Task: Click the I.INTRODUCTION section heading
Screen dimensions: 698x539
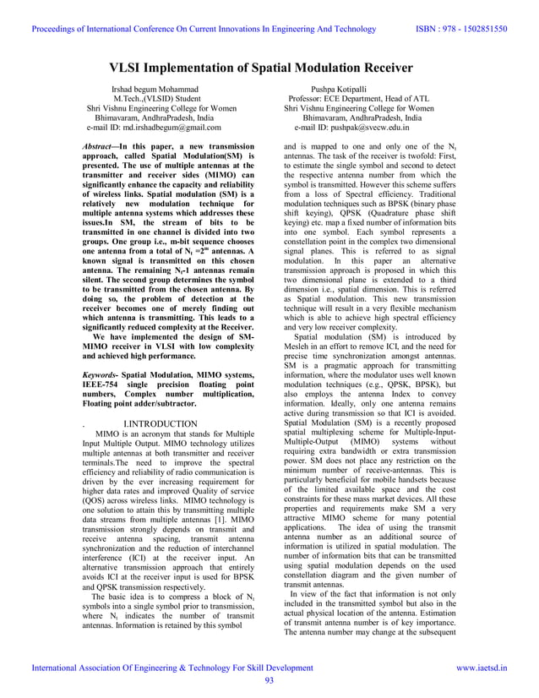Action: pyautogui.click(x=160, y=424)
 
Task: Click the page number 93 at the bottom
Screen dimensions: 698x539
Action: pyautogui.click(x=269, y=681)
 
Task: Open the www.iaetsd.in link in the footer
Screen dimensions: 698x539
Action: pyautogui.click(x=482, y=668)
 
